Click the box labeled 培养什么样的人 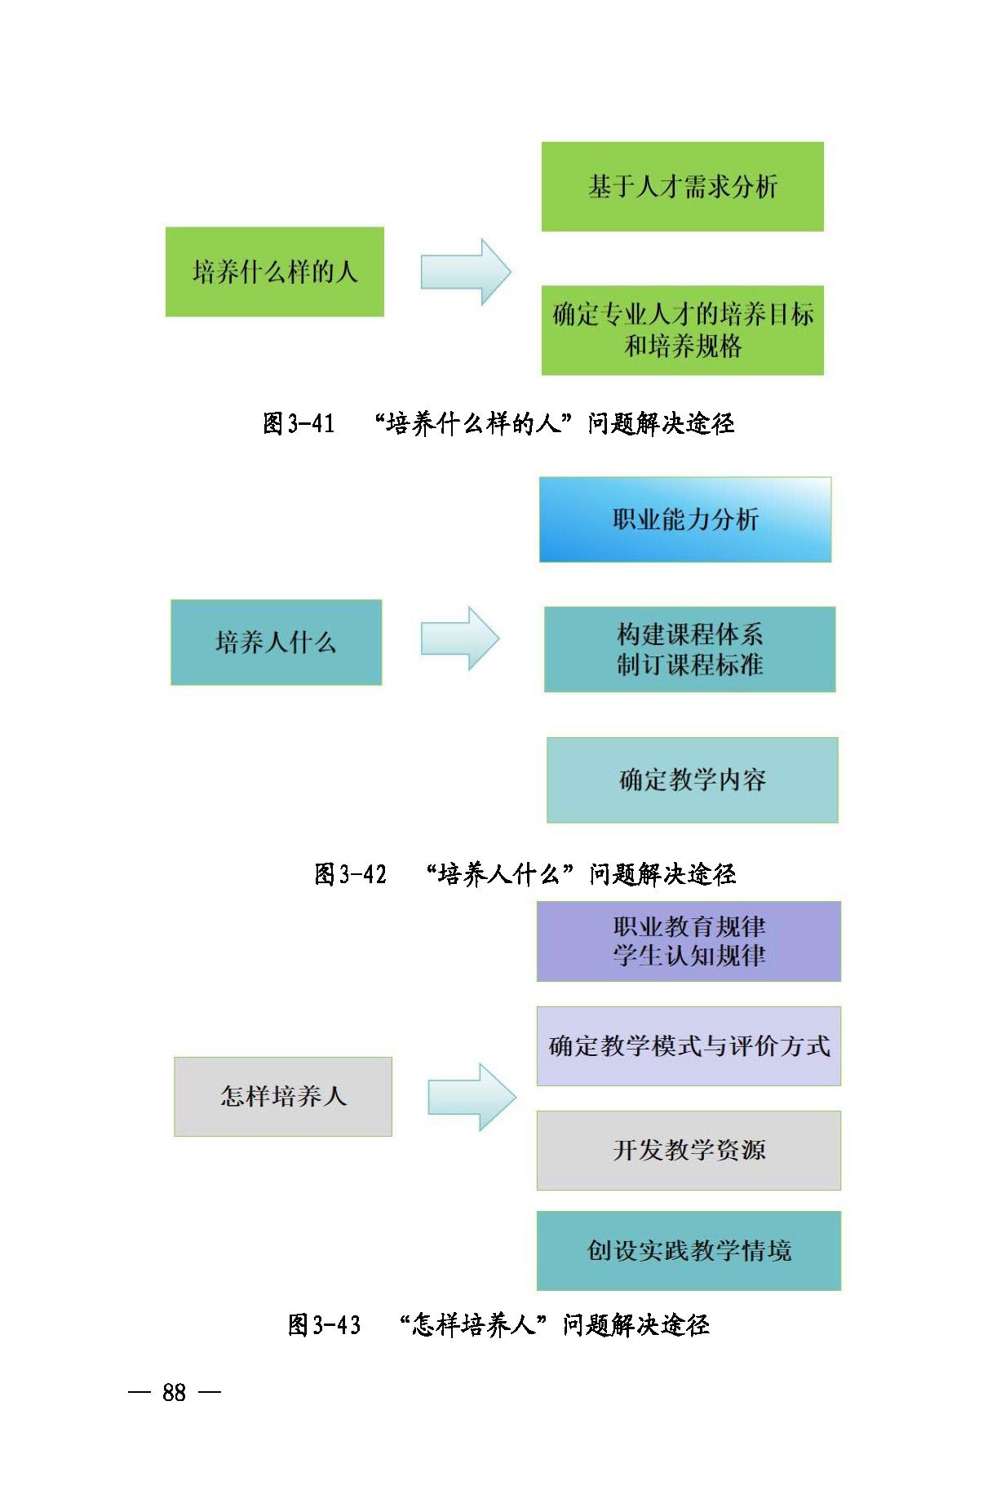tap(274, 272)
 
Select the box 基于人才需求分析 tap(682, 187)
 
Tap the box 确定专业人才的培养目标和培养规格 tap(682, 330)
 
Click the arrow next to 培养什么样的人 tap(465, 272)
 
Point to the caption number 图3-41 tap(299, 423)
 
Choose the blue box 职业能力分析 tap(684, 519)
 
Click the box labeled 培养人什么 tap(276, 643)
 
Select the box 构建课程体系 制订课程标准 tap(689, 649)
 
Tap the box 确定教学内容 tap(692, 780)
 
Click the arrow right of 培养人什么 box tap(459, 639)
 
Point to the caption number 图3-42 tap(350, 874)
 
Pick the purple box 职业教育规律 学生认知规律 tap(689, 941)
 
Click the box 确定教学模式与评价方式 tap(689, 1045)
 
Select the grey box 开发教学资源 tap(689, 1150)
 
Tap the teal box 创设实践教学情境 tap(689, 1250)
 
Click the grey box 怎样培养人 tap(282, 1096)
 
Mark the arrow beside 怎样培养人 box tap(472, 1097)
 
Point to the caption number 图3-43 tap(324, 1324)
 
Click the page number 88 tap(175, 1392)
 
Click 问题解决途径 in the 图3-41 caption tap(661, 423)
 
